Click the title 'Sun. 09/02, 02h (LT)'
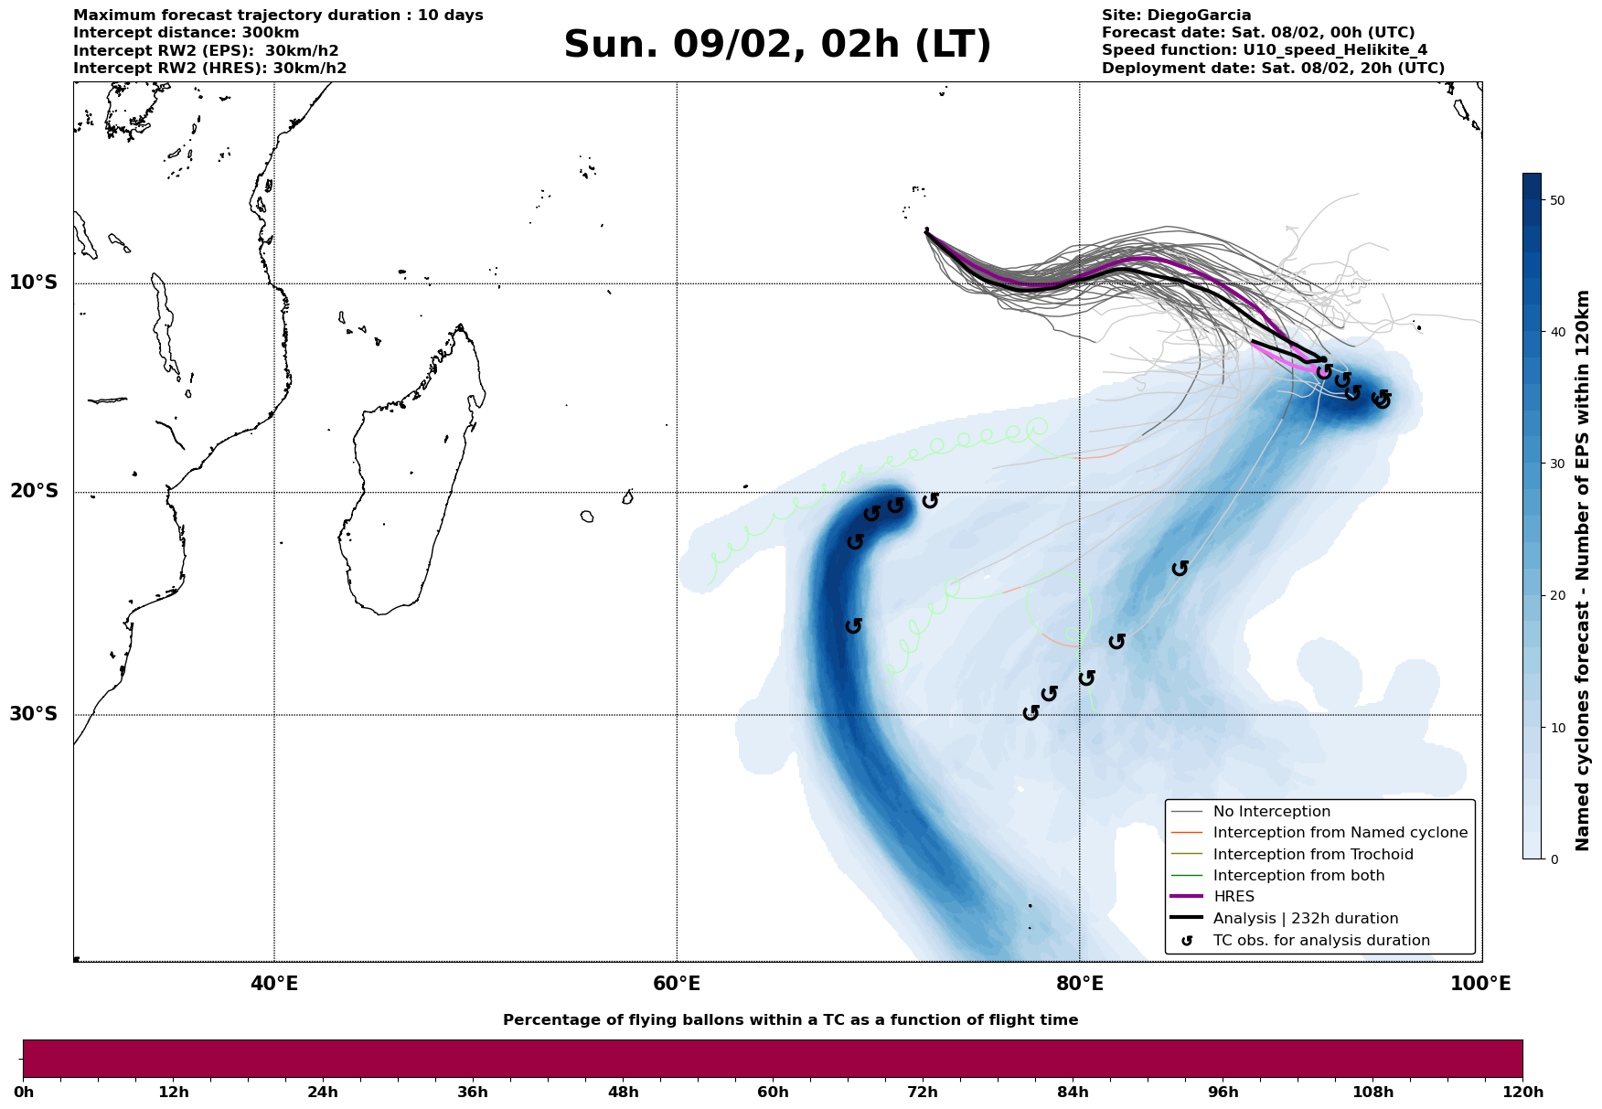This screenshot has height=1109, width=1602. (x=777, y=45)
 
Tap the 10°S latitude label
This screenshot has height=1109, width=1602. (x=34, y=283)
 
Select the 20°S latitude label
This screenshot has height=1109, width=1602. (x=34, y=492)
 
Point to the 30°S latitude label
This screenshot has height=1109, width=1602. (x=34, y=714)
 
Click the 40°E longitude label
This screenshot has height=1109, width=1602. (x=274, y=984)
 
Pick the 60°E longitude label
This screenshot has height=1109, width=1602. (x=677, y=984)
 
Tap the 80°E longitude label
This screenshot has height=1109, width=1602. (x=1079, y=984)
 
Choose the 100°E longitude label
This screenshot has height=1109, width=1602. (x=1480, y=984)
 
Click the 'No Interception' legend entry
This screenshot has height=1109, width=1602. (x=1271, y=812)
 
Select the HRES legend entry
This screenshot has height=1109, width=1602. (x=1234, y=897)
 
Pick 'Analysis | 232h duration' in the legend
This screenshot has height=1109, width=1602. (x=1305, y=919)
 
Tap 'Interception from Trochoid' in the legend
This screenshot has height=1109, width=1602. (x=1312, y=855)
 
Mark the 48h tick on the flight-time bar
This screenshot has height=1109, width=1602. (x=623, y=1093)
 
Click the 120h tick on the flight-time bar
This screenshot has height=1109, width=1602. (x=1522, y=1093)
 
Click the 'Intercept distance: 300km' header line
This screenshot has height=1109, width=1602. (x=187, y=33)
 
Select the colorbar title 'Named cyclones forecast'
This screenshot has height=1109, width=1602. (x=1584, y=570)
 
